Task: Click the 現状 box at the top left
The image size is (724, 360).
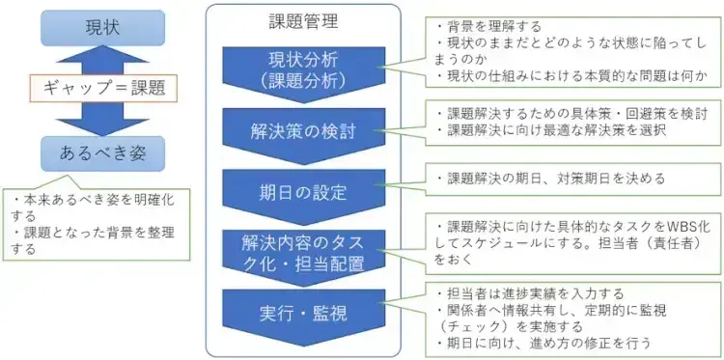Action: (103, 27)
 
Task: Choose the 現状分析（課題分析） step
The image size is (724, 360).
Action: (296, 69)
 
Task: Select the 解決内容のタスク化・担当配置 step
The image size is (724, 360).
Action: (296, 248)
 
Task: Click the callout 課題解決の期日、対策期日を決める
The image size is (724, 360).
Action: (550, 179)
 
